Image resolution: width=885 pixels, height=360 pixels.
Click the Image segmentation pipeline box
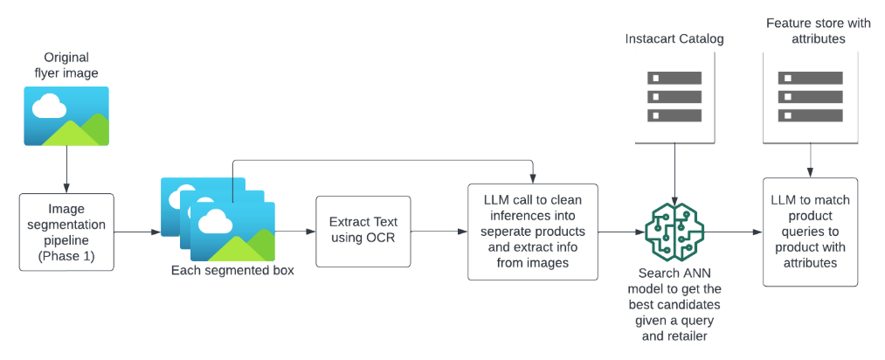(x=66, y=232)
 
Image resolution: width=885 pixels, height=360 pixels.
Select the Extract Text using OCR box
(x=363, y=231)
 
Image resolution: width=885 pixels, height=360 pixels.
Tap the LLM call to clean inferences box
(x=532, y=231)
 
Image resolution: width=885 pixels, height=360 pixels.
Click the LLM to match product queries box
(x=811, y=231)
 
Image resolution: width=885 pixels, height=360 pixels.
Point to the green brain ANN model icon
(x=674, y=231)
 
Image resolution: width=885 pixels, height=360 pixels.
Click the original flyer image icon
(x=66, y=115)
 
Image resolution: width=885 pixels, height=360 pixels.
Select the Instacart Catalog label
(x=674, y=40)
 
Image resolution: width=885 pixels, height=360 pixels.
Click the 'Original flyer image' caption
(x=66, y=66)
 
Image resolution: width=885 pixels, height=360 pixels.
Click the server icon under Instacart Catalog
(x=674, y=96)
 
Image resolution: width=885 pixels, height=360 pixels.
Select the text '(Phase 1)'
(x=66, y=256)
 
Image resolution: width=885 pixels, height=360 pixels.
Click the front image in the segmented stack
(x=233, y=232)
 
